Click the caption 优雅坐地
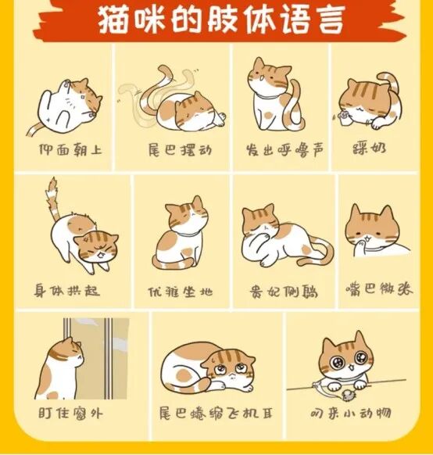[x=179, y=292]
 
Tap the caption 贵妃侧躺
[x=281, y=291]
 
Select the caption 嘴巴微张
[x=378, y=289]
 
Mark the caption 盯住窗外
[x=70, y=412]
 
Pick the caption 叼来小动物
[x=349, y=412]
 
